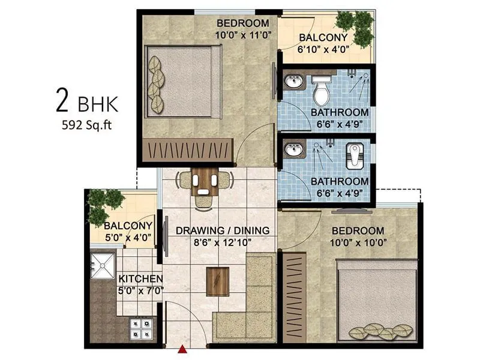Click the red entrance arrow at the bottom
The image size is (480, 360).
pos(182,348)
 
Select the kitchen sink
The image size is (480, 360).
pos(103,265)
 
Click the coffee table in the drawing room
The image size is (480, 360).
pos(217,281)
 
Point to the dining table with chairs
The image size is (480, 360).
pos(205,182)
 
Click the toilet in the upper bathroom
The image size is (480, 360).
pos(322,91)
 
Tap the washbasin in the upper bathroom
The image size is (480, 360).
pos(294,82)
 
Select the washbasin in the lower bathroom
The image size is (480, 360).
pos(294,150)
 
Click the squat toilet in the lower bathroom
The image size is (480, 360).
pos(355,155)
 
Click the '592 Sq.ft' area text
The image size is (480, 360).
pos(87,125)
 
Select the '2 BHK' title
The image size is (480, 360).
pos(87,102)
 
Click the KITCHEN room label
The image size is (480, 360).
pos(140,279)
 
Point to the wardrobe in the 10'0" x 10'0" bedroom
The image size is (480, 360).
pos(294,298)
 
